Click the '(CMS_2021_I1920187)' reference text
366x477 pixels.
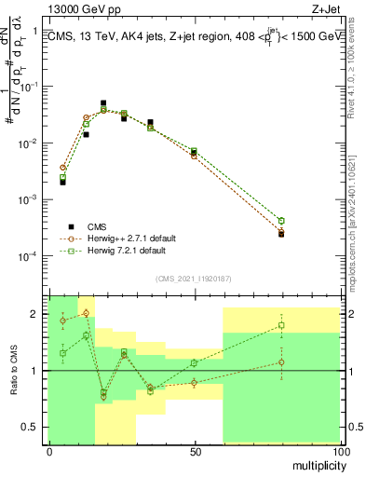[194, 278]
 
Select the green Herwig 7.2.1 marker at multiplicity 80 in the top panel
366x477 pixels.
[281, 221]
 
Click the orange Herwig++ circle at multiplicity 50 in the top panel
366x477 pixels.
[194, 156]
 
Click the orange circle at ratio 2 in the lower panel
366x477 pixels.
[86, 313]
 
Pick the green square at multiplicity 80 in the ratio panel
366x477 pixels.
[281, 326]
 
